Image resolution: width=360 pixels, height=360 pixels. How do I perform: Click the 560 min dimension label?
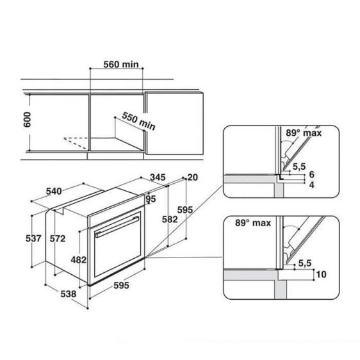tap(120, 64)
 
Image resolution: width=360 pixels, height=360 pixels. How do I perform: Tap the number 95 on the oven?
tap(151, 199)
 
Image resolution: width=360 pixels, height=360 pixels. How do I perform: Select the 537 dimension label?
tap(34, 239)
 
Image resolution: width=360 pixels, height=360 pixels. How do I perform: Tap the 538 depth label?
tap(67, 294)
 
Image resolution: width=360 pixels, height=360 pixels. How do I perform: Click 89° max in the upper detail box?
tap(303, 133)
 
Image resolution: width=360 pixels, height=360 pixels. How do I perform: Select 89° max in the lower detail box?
tap(246, 225)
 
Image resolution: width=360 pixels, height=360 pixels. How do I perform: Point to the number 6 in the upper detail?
tap(311, 174)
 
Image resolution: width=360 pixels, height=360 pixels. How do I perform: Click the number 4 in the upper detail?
tap(311, 184)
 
